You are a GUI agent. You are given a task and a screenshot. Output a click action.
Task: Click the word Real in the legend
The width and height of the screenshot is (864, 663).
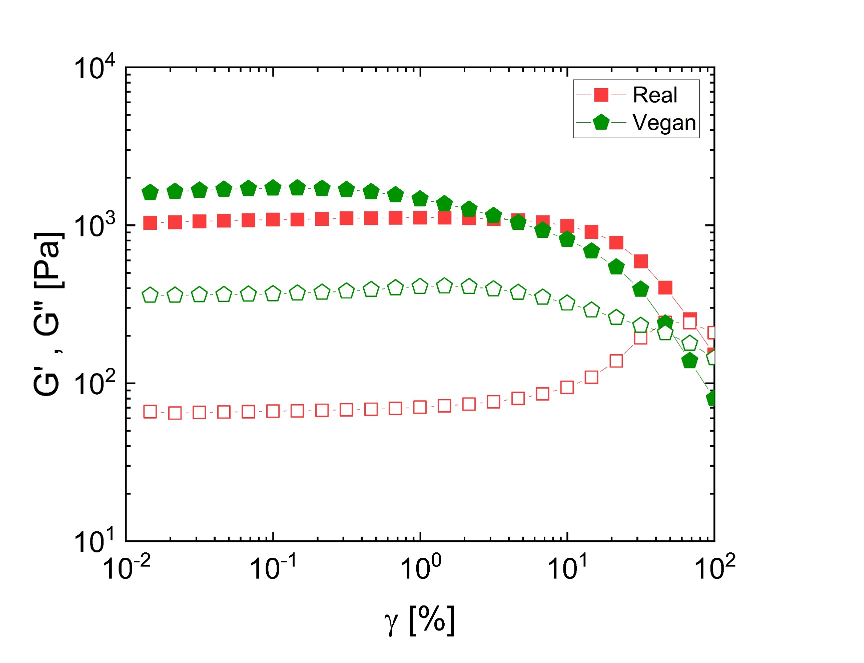[x=654, y=95]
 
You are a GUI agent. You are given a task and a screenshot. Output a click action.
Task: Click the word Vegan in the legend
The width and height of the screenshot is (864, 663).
[x=664, y=123]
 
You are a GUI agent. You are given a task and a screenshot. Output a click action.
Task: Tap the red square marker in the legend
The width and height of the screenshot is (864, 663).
[x=601, y=95]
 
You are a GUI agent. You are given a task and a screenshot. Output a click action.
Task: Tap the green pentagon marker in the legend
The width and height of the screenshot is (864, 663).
[x=601, y=122]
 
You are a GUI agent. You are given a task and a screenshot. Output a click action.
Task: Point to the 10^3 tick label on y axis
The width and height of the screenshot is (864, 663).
[x=95, y=226]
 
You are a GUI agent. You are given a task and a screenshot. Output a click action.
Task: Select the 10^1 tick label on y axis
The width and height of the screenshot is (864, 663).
[x=95, y=541]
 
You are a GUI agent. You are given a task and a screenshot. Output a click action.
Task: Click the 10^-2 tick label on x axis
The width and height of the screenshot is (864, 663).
[x=126, y=568]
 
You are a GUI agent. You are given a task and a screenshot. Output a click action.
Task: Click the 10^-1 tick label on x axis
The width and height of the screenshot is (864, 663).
[x=273, y=568]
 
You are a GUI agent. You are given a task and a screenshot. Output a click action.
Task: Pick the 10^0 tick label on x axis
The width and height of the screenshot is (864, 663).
[x=420, y=568]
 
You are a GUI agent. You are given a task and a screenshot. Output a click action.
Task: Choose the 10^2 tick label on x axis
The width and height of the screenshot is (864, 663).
[x=714, y=568]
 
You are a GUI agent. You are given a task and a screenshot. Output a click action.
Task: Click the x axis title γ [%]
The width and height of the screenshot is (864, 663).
[x=419, y=621]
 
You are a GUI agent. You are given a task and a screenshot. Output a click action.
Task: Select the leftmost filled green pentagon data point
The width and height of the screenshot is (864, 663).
[x=150, y=193]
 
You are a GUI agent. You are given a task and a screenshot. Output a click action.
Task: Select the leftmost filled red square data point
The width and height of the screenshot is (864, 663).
[x=150, y=223]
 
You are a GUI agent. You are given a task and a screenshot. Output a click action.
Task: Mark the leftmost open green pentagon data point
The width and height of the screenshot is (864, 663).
[x=150, y=295]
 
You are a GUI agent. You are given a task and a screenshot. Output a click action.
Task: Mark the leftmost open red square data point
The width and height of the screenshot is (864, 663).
[x=150, y=412]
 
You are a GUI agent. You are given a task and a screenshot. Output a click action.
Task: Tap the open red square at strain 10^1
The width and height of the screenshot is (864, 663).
[x=567, y=387]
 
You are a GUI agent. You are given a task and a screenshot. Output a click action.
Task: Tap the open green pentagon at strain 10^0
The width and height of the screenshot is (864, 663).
[x=420, y=286]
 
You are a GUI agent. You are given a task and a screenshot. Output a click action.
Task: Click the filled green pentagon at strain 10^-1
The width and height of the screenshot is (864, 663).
[x=273, y=188]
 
